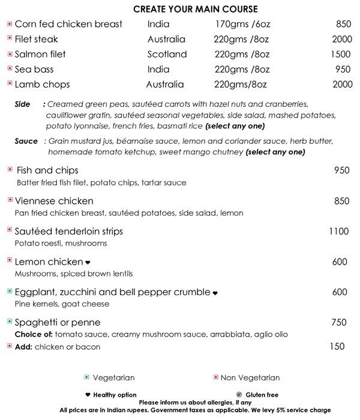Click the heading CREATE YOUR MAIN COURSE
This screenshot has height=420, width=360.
tap(195, 9)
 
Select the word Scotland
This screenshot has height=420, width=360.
tap(167, 55)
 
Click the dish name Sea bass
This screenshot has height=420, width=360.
tap(34, 70)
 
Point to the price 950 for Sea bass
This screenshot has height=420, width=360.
tap(343, 70)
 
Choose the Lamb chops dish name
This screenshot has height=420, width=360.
tap(42, 85)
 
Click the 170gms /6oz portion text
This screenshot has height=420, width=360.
tap(243, 25)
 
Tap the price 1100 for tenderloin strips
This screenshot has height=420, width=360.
tap(338, 232)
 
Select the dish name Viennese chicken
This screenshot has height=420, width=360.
tap(54, 201)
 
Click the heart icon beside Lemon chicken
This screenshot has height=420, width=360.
tap(88, 263)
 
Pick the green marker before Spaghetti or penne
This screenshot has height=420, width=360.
tap(10, 322)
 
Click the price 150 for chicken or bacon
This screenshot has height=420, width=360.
tap(337, 347)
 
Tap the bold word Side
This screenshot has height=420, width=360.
tap(22, 104)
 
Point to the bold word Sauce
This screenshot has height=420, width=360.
tap(26, 142)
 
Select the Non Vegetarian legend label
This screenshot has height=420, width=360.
tap(250, 378)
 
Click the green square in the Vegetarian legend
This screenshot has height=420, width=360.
tap(86, 377)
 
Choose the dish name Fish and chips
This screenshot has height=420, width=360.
tap(47, 170)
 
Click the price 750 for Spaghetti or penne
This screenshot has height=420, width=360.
tap(339, 323)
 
